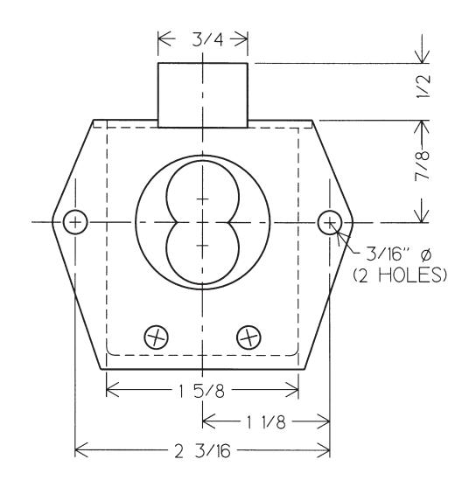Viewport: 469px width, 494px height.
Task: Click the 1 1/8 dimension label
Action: [x=266, y=421]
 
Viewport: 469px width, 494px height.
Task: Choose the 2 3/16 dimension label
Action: [x=203, y=451]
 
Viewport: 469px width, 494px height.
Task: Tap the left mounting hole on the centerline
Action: [x=77, y=221]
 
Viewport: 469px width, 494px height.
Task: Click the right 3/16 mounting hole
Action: [x=329, y=221]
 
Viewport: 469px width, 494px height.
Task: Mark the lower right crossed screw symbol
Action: [x=249, y=336]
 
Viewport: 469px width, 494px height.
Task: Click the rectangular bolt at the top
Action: [x=203, y=92]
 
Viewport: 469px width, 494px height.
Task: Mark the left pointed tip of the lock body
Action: [x=54, y=221]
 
